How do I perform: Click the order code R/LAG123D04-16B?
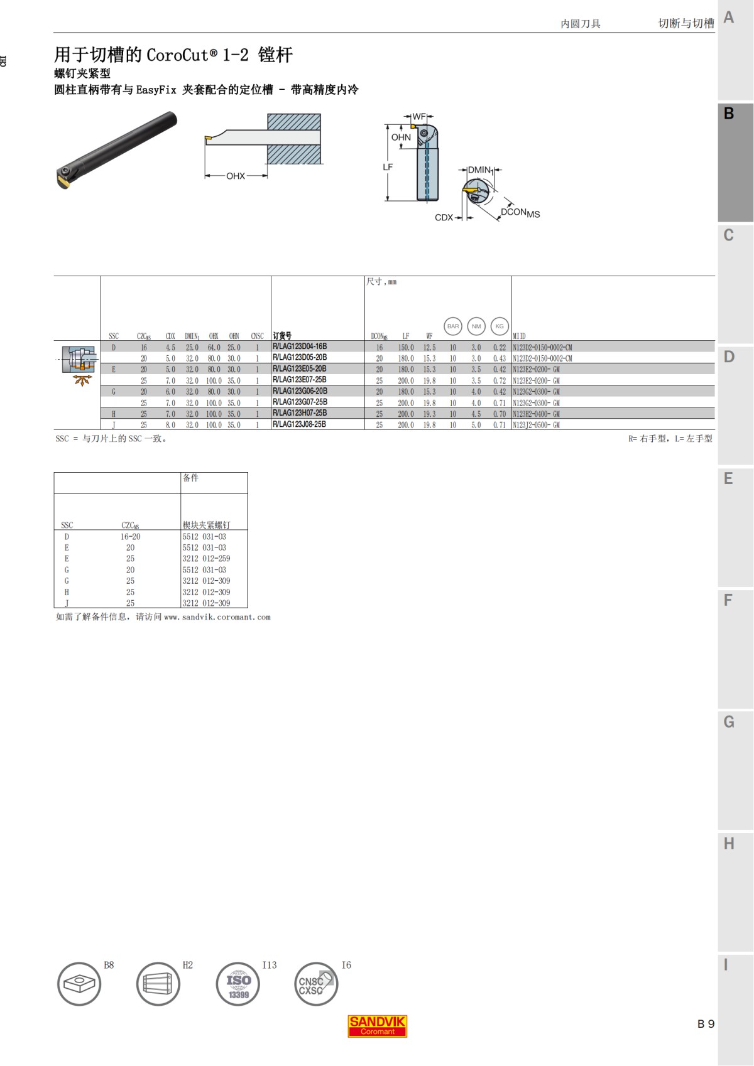click(x=300, y=347)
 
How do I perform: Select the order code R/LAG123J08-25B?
click(x=300, y=424)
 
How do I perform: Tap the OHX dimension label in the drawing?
click(x=236, y=176)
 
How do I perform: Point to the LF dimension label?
click(x=388, y=167)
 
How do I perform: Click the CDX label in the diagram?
click(x=444, y=218)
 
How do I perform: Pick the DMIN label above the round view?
click(x=479, y=170)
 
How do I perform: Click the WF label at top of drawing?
click(x=418, y=117)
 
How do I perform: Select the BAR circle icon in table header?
click(x=453, y=326)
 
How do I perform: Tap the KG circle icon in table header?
click(x=500, y=326)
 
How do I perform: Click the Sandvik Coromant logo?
click(x=378, y=1026)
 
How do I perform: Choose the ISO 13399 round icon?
click(x=238, y=984)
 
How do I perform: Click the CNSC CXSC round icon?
click(x=316, y=984)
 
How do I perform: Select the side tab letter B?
click(x=729, y=114)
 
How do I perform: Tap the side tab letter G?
click(x=729, y=722)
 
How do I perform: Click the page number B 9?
click(x=706, y=1024)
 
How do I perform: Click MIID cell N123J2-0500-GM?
click(x=536, y=425)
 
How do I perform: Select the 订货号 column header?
click(x=282, y=336)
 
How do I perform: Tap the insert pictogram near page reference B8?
click(x=79, y=984)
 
